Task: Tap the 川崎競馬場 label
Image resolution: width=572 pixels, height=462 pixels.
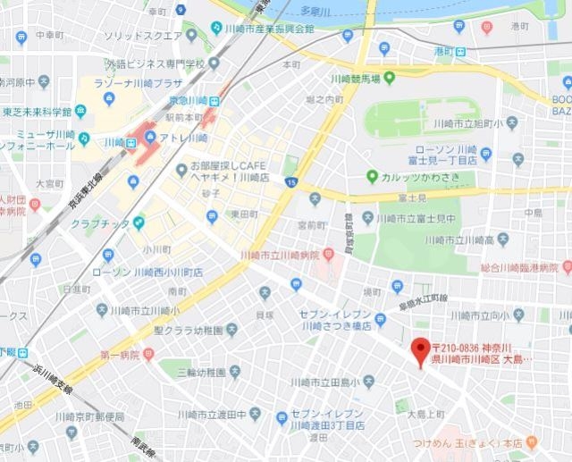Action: pyautogui.click(x=355, y=80)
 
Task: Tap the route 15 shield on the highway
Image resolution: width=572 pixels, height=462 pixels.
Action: pyautogui.click(x=291, y=182)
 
